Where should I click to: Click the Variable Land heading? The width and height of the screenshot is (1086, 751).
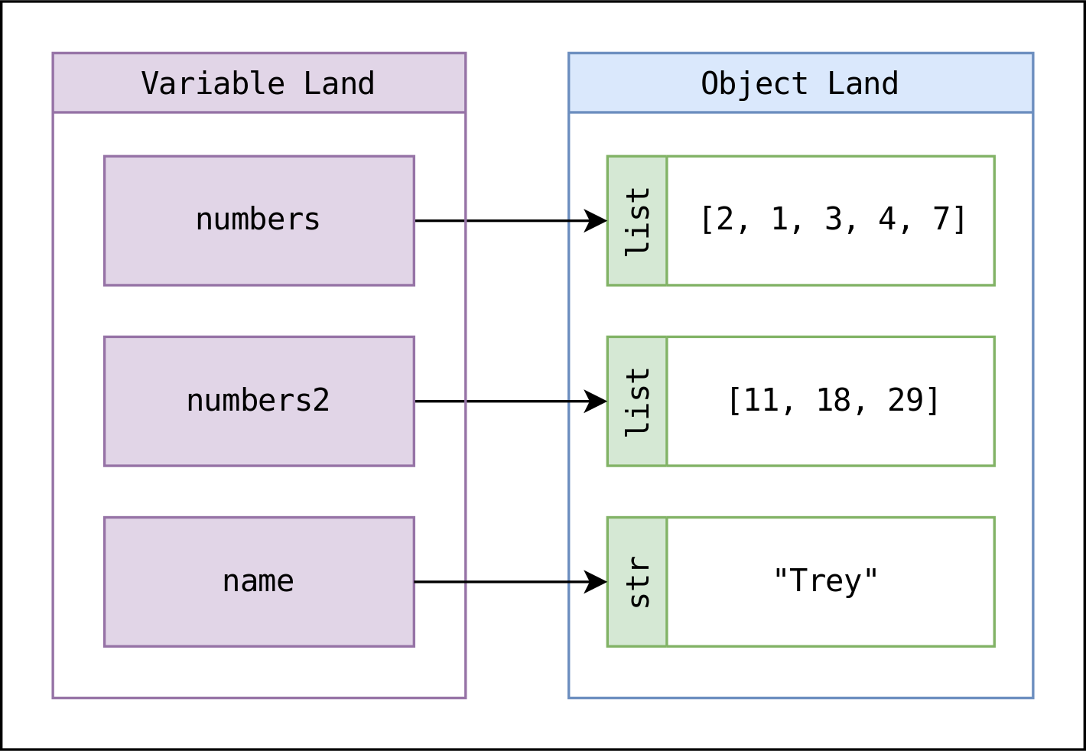258,83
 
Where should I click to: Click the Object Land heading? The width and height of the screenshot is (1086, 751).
800,83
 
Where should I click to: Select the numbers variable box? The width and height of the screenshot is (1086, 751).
258,220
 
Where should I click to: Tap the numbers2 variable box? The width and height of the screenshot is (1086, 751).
258,401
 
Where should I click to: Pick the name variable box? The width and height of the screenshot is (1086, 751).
258,581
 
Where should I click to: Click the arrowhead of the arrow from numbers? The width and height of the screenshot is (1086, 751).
596,221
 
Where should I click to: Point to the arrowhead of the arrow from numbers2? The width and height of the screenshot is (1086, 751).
596,402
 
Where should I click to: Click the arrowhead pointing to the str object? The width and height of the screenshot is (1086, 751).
596,582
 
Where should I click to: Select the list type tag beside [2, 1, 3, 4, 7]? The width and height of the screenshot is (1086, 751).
637,221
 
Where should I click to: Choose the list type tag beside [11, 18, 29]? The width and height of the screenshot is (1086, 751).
637,402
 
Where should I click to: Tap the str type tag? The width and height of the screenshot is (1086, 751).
637,582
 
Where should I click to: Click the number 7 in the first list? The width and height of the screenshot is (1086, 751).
941,219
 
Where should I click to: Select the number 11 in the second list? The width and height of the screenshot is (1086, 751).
761,400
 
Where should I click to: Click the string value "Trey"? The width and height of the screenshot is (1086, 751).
826,581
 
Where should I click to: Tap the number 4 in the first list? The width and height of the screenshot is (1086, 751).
887,219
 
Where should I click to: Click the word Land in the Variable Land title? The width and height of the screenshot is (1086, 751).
339,83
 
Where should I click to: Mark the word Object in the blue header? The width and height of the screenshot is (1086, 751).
754,83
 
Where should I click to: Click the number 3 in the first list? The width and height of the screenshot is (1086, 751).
834,219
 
